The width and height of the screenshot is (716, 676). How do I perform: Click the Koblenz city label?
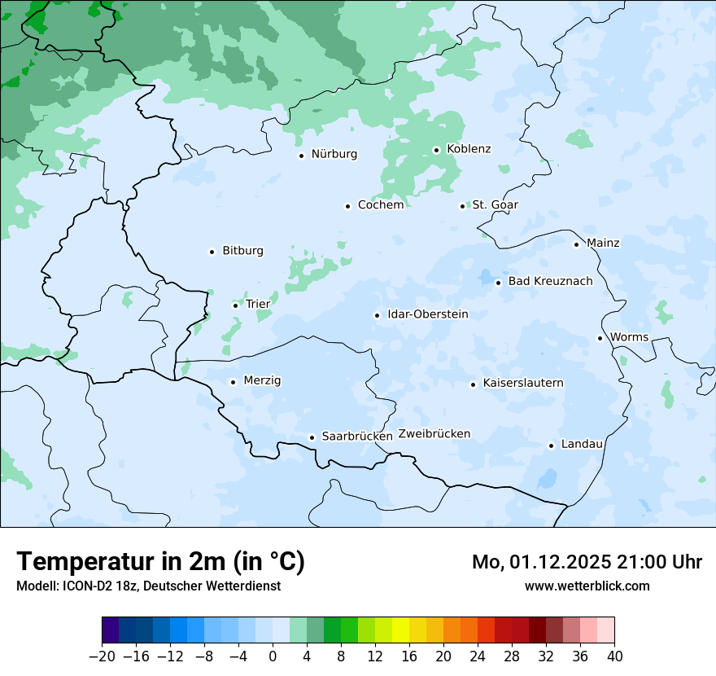coord(469,149)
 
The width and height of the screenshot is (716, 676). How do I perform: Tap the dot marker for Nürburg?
coord(301,156)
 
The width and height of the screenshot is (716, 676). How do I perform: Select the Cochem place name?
coord(381,205)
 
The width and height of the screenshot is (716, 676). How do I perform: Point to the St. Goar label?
coord(495,205)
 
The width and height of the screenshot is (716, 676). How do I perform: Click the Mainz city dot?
coord(576,244)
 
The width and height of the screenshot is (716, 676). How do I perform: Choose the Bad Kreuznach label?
coord(550,282)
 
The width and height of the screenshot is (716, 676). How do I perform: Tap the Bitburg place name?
coord(242,251)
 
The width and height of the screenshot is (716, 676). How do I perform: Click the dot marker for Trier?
coord(235,305)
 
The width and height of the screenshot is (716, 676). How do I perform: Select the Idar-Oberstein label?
coord(428,314)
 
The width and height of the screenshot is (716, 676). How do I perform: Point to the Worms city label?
coord(629,337)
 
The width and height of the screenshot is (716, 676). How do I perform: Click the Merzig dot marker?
coord(233,382)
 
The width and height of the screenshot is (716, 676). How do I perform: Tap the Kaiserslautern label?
coord(523,383)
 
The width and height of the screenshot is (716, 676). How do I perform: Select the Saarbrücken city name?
coord(357,437)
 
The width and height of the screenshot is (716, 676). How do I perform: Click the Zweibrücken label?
coord(434,434)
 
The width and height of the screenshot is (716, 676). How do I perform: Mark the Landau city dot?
coord(551,446)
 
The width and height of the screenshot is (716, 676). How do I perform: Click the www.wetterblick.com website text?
coord(587,586)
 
